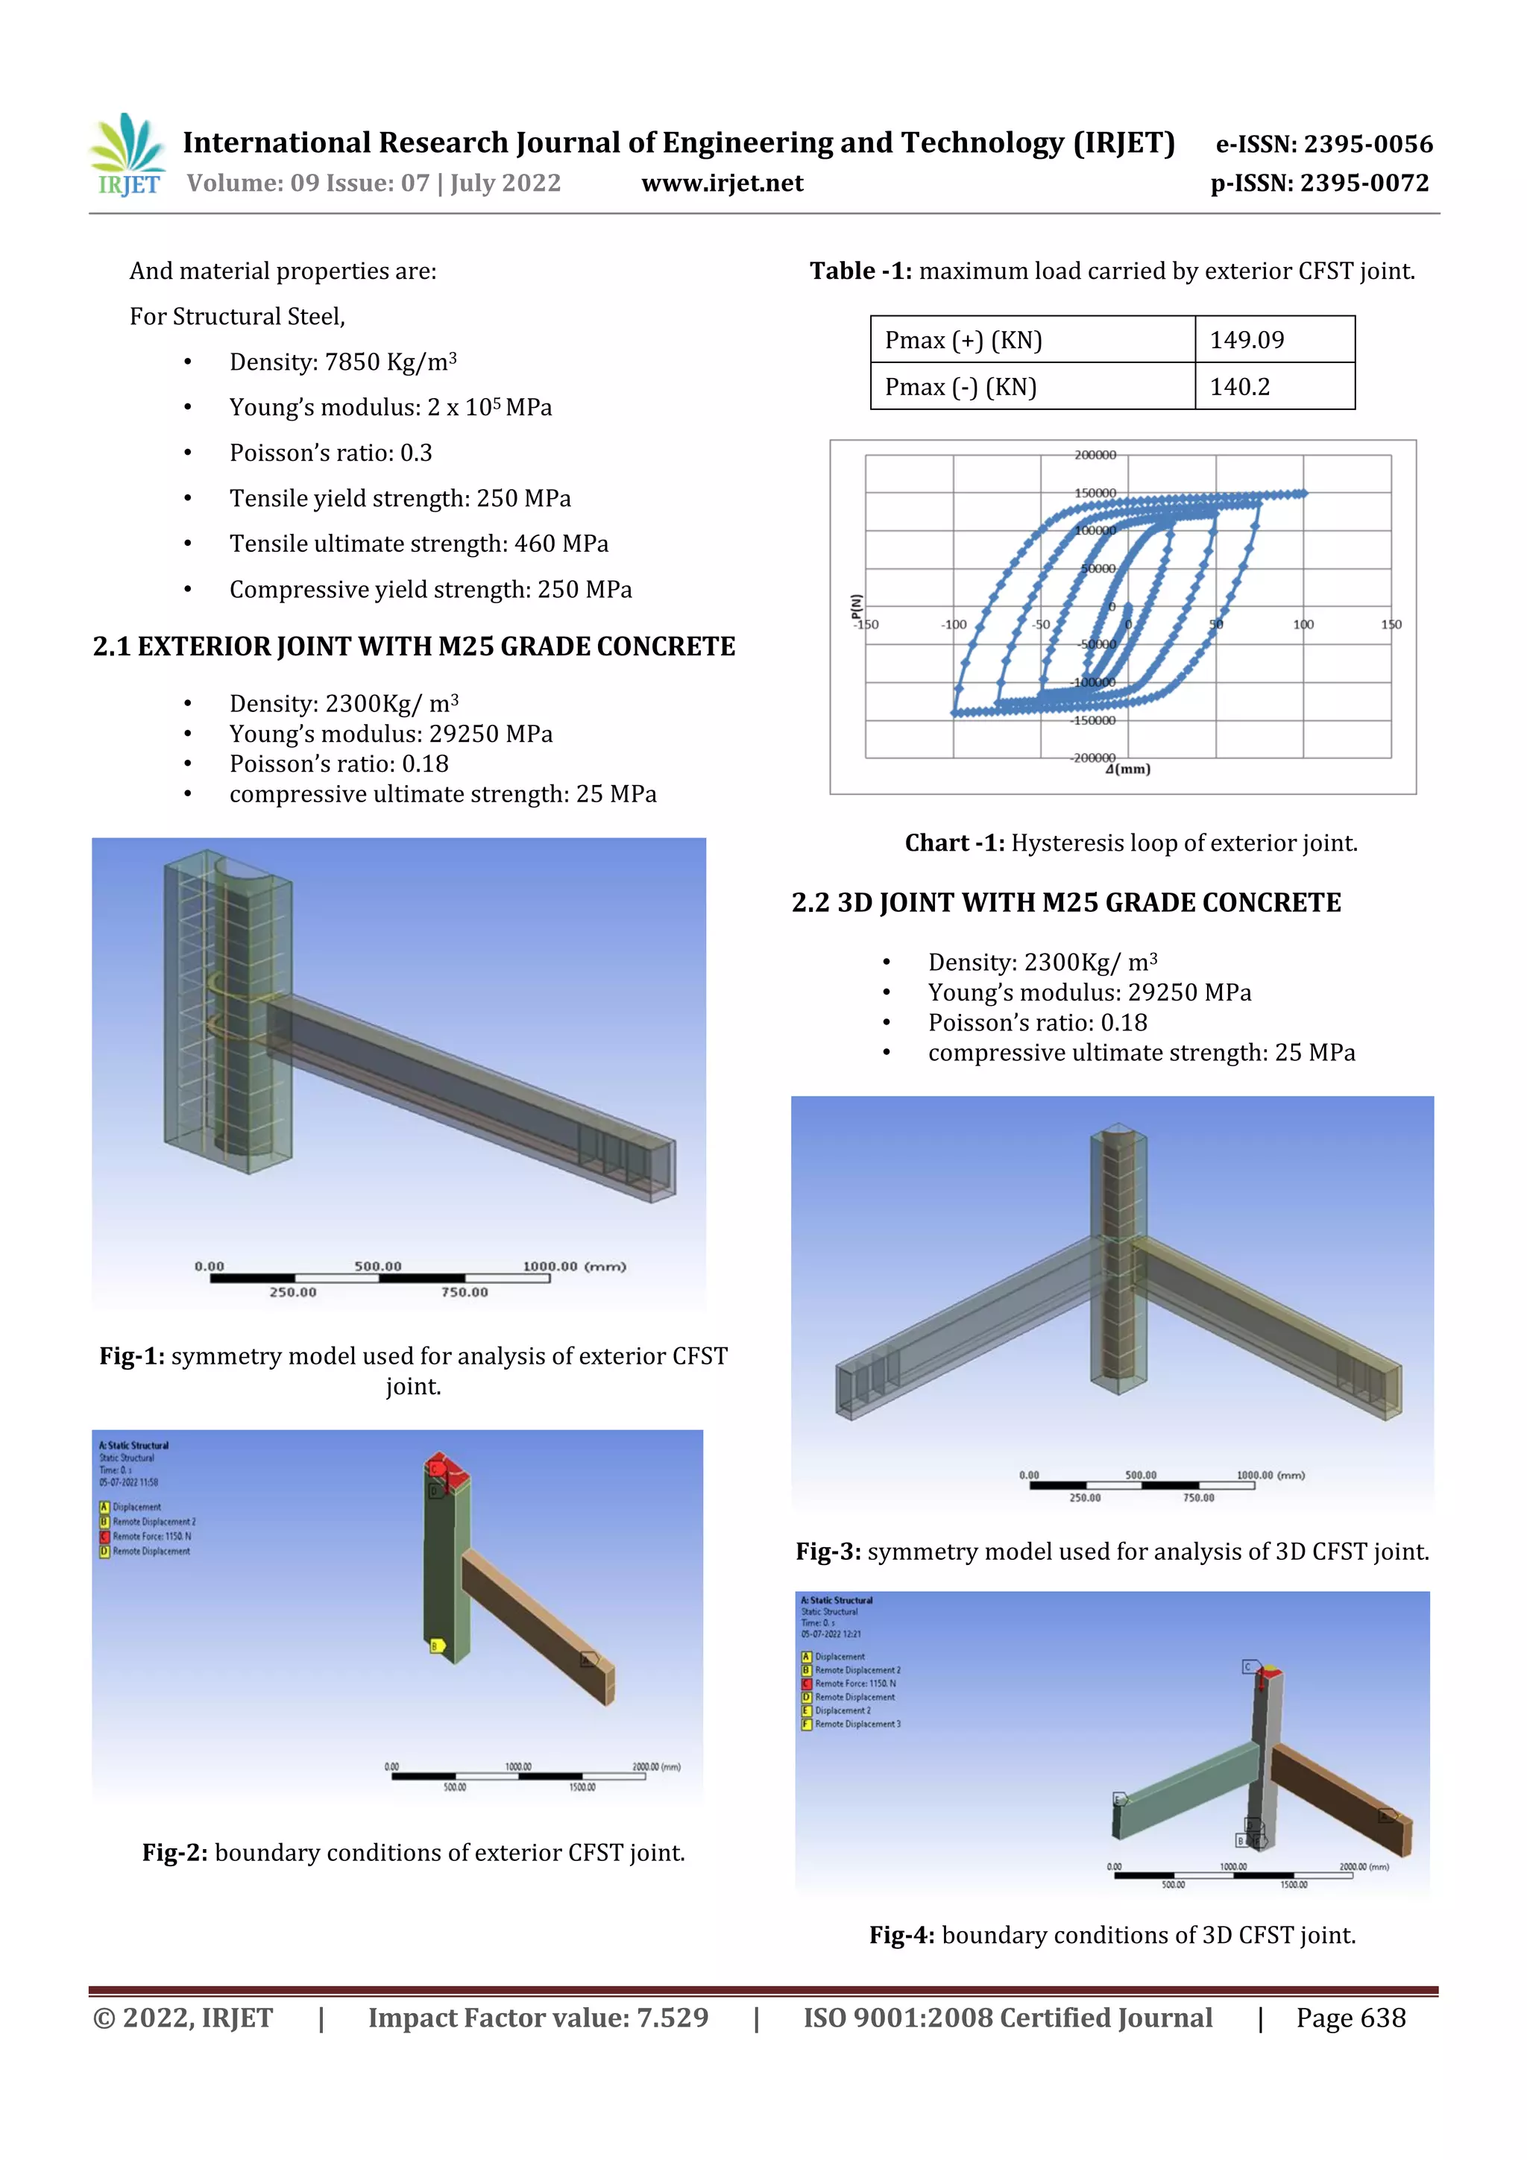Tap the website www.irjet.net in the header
coord(722,183)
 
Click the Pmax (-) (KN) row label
coord(960,387)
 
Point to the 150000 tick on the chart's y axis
coord(1095,493)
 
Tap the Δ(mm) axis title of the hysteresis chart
coord(1127,769)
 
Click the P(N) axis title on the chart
coord(855,607)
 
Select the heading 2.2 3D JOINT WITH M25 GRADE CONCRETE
coord(1065,902)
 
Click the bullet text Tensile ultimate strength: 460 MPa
coord(419,544)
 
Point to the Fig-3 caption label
coord(828,1552)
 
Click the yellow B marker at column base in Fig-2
coord(435,1646)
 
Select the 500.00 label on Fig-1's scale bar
coord(377,1266)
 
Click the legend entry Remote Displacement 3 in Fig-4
coord(857,1725)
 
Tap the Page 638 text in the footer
coord(1350,2017)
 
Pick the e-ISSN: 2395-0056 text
coord(1323,144)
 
